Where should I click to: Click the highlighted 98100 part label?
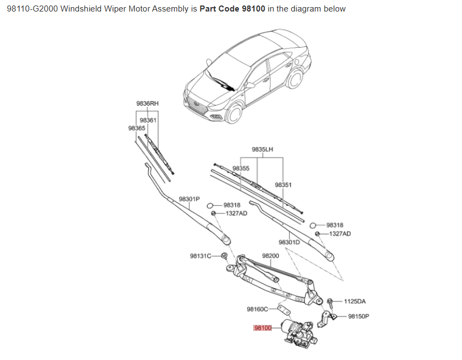(x=263, y=328)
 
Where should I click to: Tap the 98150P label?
(x=359, y=316)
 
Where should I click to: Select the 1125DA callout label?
(x=354, y=301)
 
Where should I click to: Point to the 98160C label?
(x=257, y=309)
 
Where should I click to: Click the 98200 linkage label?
(x=270, y=256)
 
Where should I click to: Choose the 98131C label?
(x=201, y=256)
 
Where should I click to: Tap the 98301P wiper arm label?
(x=190, y=199)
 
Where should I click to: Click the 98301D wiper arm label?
(x=289, y=242)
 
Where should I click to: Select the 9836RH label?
(x=147, y=103)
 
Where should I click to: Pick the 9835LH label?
(x=263, y=149)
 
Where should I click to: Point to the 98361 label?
(x=148, y=120)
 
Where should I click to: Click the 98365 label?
(x=136, y=127)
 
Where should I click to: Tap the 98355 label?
(x=241, y=168)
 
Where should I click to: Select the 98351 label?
(x=283, y=185)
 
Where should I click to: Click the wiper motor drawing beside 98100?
(x=297, y=331)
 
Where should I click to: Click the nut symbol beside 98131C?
(x=224, y=256)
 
